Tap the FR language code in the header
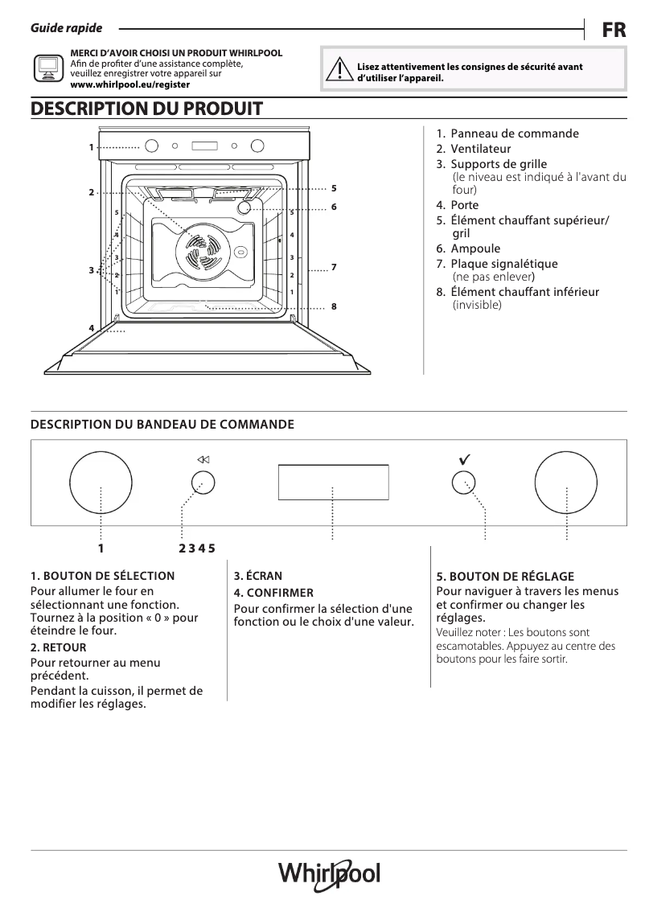614,29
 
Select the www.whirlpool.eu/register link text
130,84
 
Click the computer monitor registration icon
47,68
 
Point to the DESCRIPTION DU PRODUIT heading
146,109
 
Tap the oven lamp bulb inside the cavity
244,207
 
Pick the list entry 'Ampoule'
475,249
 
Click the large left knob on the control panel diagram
101,482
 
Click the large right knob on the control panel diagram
567,482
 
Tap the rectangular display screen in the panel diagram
333,482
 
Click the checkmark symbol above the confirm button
464,459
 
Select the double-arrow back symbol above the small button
203,459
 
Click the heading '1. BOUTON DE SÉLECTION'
102,576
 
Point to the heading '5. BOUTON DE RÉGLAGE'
505,577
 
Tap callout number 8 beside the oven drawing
333,306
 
